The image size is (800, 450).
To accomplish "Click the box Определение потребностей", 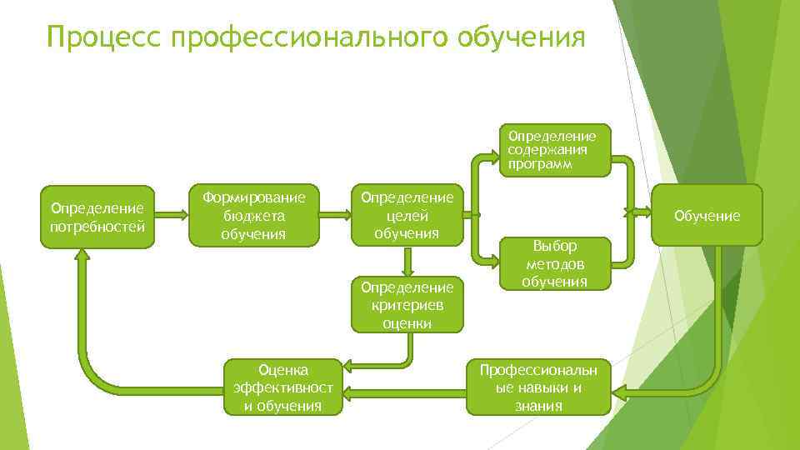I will click(97, 217).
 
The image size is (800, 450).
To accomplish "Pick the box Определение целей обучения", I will click(407, 215).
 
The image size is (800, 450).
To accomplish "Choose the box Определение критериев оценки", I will click(407, 304).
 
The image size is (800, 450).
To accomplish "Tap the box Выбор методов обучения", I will click(555, 263).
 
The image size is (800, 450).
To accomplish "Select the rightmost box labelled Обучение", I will click(707, 216).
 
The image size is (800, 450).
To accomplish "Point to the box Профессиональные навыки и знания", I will click(538, 387).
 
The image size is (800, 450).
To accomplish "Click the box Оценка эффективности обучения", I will click(283, 387).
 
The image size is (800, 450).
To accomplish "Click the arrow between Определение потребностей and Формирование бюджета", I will click(172, 215).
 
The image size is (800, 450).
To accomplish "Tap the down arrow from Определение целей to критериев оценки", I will click(407, 261).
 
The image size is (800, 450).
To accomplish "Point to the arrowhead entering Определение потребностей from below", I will click(82, 260).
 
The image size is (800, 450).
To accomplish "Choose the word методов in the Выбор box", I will click(555, 264).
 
